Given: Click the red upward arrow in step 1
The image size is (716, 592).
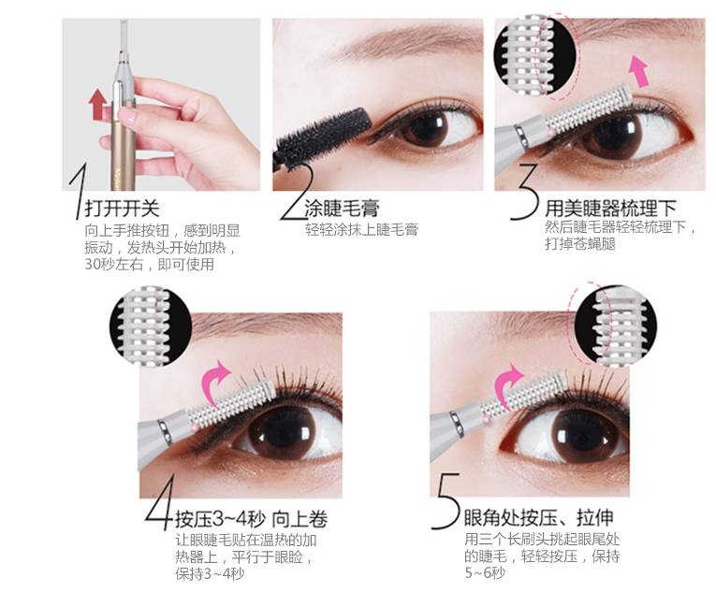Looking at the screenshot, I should (96, 108).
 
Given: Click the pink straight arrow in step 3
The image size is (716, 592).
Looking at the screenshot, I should (639, 70).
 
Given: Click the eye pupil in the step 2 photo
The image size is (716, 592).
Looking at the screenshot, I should (434, 129).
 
